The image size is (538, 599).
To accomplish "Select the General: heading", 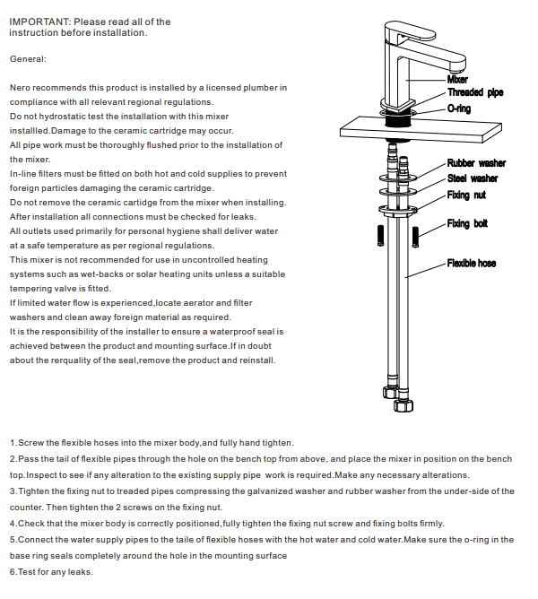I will (28, 59).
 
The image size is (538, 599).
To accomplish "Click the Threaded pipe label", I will (475, 92).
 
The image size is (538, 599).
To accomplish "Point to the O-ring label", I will (458, 109).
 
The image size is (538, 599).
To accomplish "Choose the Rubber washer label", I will (476, 163).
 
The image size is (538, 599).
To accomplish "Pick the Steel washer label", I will (473, 178).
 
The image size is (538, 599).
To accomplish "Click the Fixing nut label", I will (468, 195).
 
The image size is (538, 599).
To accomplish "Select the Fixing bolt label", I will (467, 223).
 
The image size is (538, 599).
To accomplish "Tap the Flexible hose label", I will (472, 264).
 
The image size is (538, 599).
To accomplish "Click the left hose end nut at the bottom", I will (391, 392).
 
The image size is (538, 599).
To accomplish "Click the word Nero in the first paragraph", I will (21, 88).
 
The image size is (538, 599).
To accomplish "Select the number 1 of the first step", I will (12, 443).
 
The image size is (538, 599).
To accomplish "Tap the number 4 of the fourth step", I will (12, 523).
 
